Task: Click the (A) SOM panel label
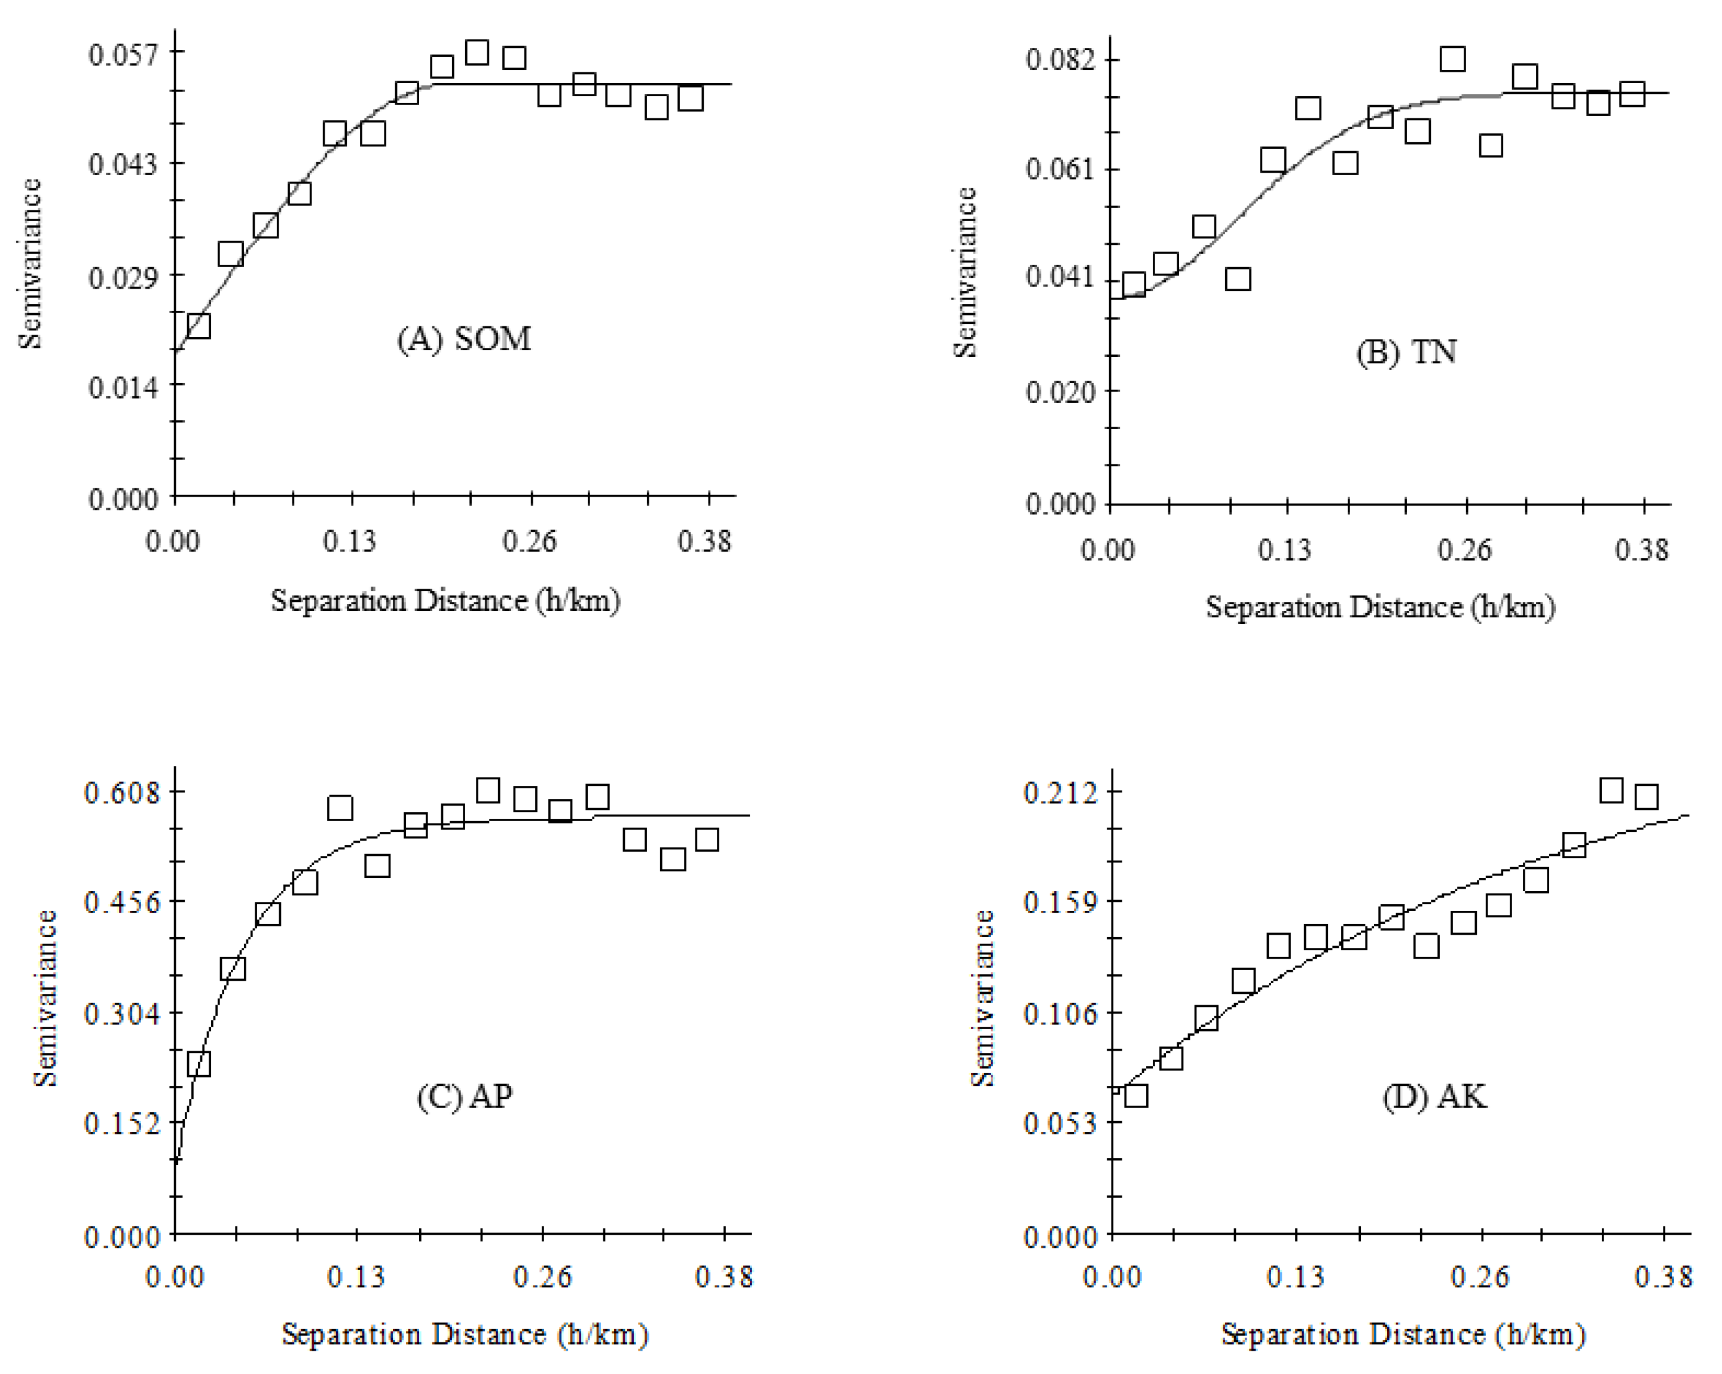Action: [464, 339]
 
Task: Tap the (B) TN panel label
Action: [1406, 352]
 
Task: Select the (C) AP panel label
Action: [464, 1096]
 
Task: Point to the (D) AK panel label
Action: [1434, 1096]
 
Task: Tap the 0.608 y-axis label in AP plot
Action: [122, 793]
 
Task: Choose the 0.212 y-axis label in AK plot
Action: [1061, 793]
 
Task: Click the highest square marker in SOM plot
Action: [477, 53]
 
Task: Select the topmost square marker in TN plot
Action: [1452, 59]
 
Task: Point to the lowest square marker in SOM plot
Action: [198, 326]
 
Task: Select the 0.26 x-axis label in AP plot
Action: [542, 1277]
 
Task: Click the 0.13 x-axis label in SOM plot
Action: [349, 541]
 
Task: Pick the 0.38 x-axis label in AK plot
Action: [1663, 1277]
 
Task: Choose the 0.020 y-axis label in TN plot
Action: [1061, 392]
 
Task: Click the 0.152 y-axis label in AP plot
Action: [122, 1124]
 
